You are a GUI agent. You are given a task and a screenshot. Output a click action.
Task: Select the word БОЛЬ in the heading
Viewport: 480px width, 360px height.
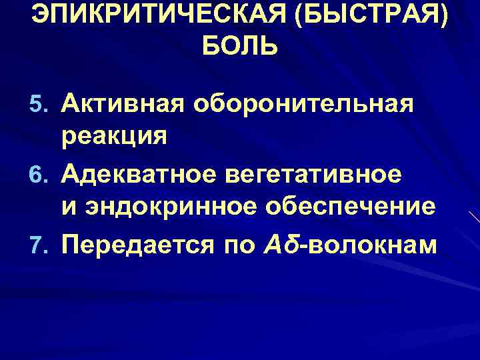(x=239, y=47)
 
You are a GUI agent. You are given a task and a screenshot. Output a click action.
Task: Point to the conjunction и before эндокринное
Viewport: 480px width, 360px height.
(x=69, y=209)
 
